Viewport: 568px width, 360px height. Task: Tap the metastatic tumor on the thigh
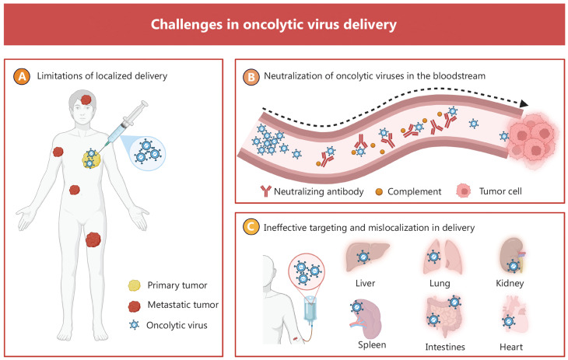(94, 239)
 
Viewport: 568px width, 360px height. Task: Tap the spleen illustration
(362, 315)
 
